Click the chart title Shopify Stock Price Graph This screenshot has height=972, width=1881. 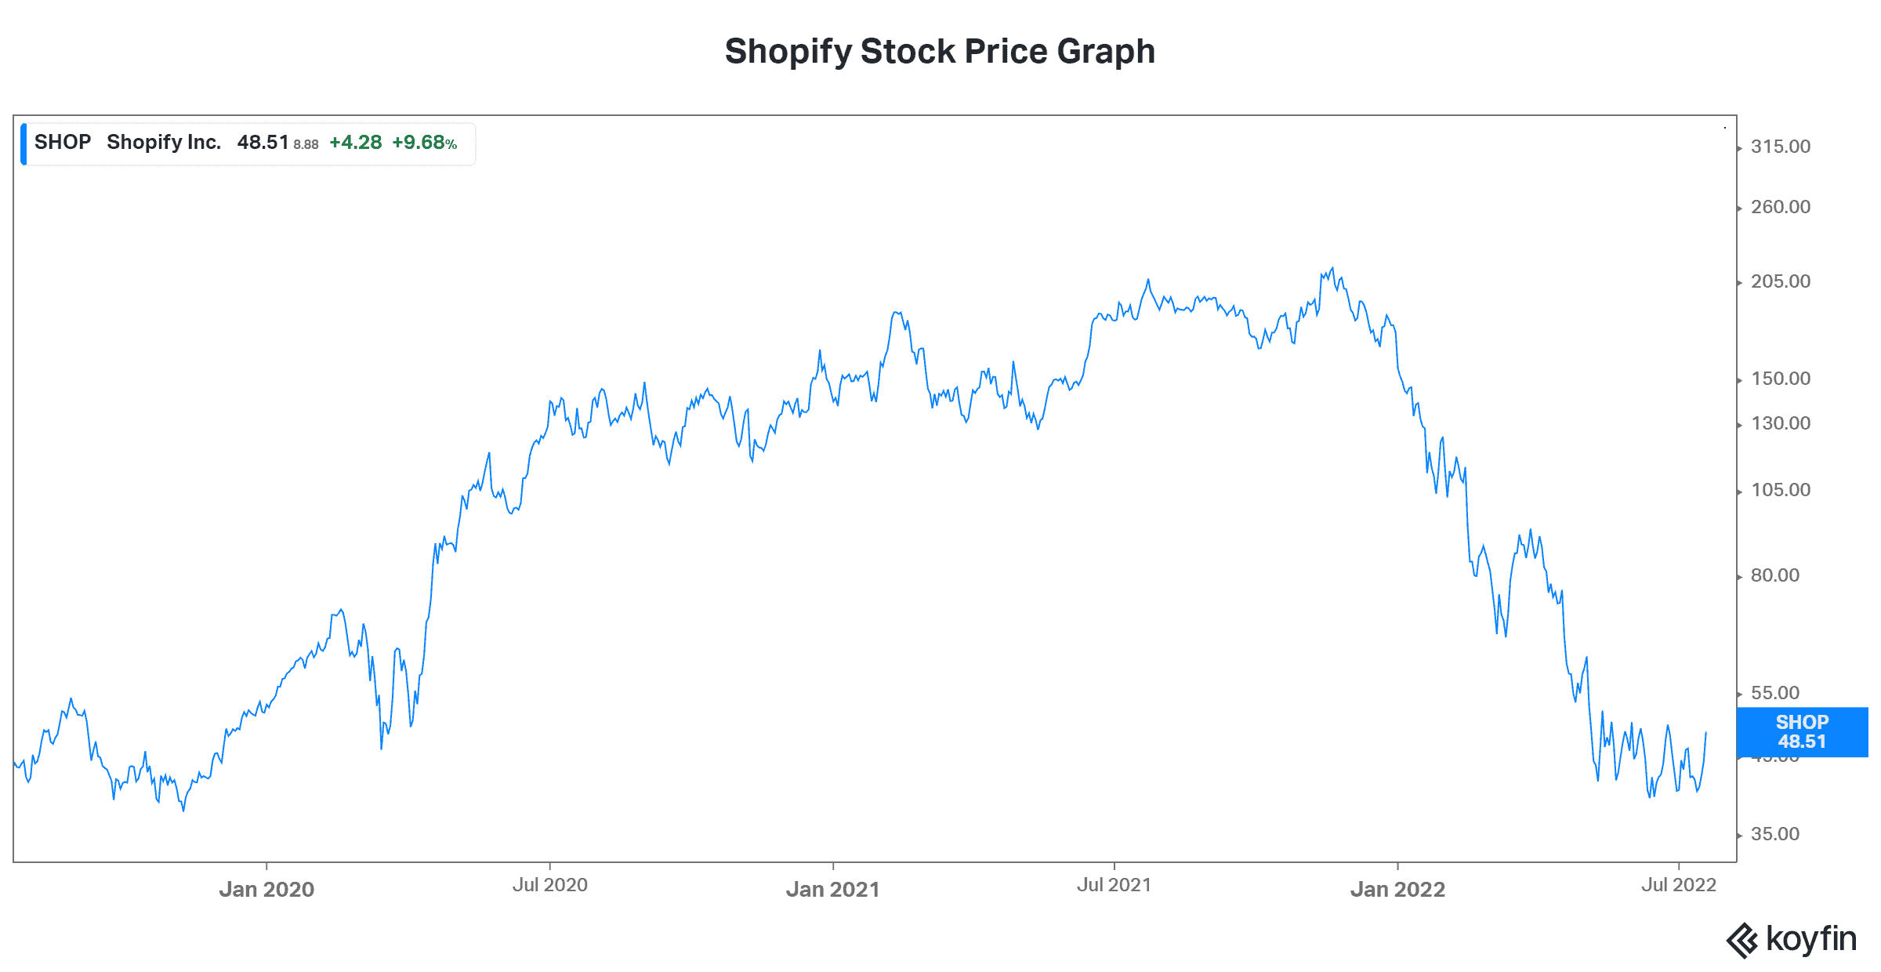(940, 52)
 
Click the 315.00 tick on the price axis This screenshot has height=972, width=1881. (1781, 147)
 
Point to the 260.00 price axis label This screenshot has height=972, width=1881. (1781, 207)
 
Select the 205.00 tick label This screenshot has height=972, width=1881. (1781, 281)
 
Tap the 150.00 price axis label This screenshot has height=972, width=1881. (1781, 379)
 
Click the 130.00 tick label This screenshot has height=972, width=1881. (1781, 423)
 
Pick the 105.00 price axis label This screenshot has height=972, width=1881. (1781, 490)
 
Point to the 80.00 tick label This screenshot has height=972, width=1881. (1775, 575)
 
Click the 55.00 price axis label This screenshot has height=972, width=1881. (1775, 693)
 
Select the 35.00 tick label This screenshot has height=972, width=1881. (1775, 834)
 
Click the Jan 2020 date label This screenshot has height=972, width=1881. (266, 889)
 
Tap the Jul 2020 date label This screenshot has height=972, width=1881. (549, 885)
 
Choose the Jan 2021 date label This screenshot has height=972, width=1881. (832, 889)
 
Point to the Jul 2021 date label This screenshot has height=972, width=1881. (1114, 885)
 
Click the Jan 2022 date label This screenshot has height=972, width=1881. (1397, 889)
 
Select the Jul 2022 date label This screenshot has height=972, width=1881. (1679, 885)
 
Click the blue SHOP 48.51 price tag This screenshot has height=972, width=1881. (1802, 732)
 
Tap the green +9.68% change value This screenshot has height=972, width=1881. (424, 143)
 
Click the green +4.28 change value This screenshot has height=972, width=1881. (355, 143)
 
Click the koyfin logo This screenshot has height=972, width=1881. (1792, 939)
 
